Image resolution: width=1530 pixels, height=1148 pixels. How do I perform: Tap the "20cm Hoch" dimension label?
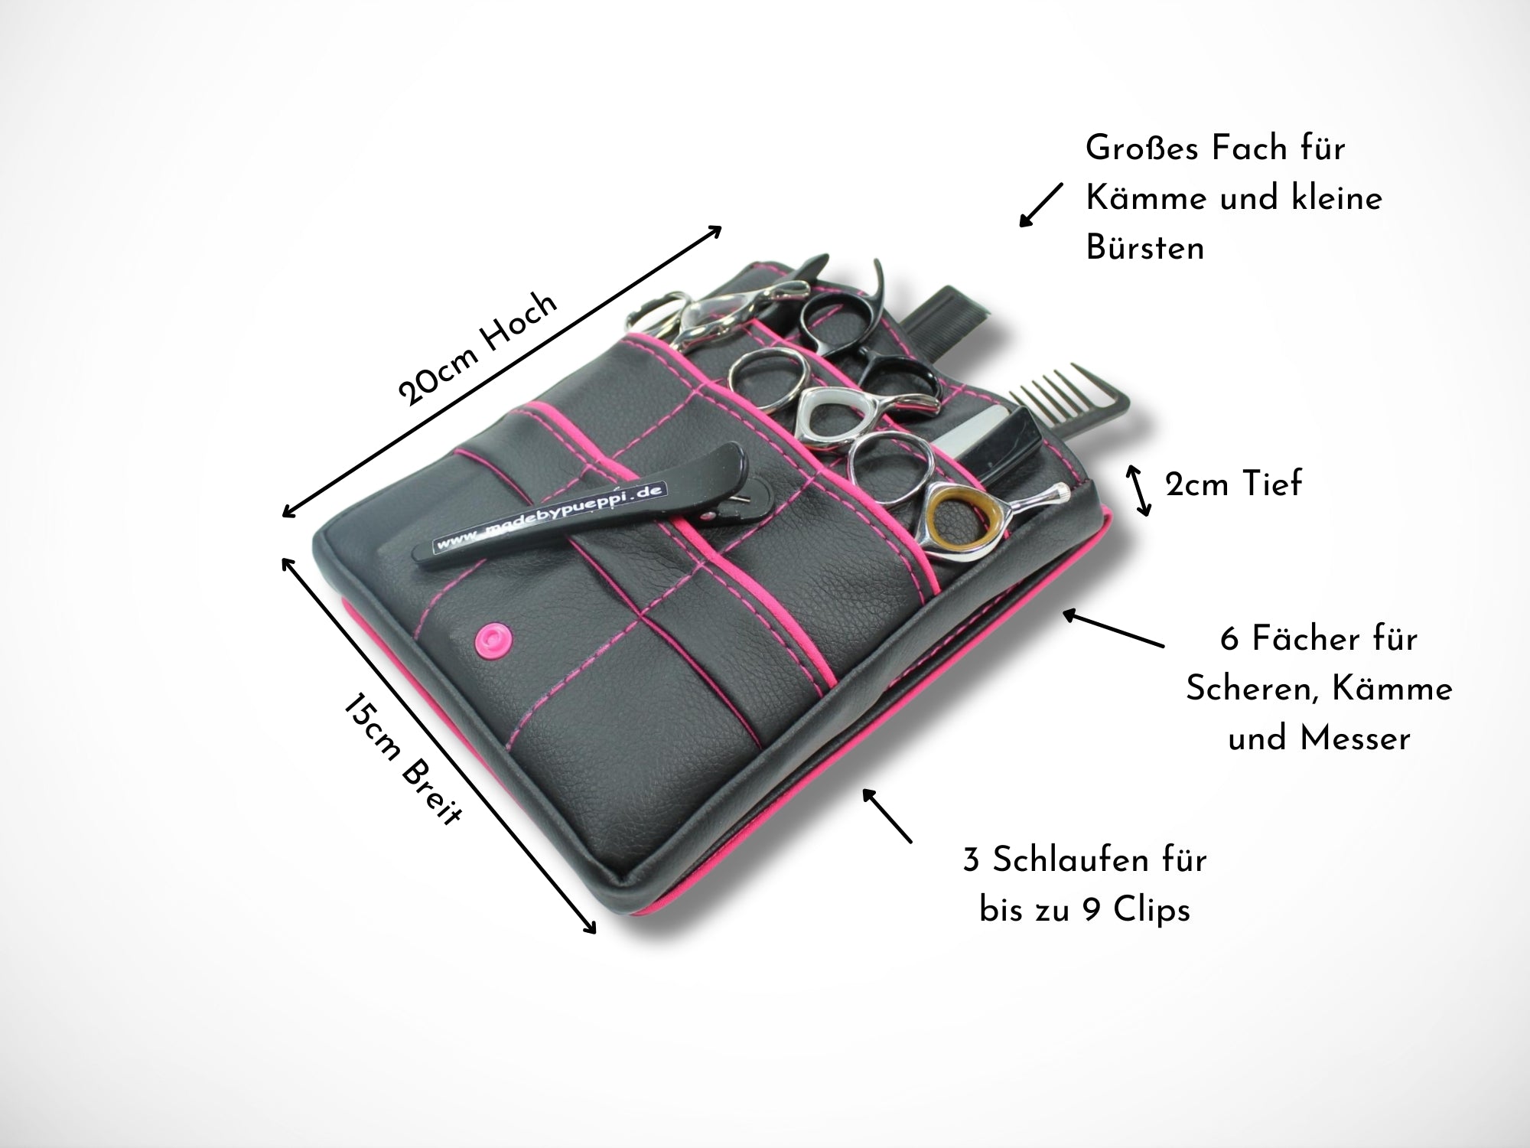pyautogui.click(x=478, y=348)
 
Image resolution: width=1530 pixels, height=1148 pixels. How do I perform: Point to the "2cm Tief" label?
pyautogui.click(x=1232, y=485)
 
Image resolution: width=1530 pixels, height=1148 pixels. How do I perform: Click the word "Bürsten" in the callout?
pyautogui.click(x=1144, y=248)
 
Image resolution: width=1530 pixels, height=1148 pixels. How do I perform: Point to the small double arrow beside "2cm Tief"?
pyautogui.click(x=1139, y=488)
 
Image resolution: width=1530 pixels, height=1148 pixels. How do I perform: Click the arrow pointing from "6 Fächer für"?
pyautogui.click(x=1113, y=628)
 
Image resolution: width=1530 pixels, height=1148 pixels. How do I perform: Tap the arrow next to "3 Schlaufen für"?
pyautogui.click(x=887, y=816)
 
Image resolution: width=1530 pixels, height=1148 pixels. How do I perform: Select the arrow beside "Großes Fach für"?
pyautogui.click(x=1040, y=205)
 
